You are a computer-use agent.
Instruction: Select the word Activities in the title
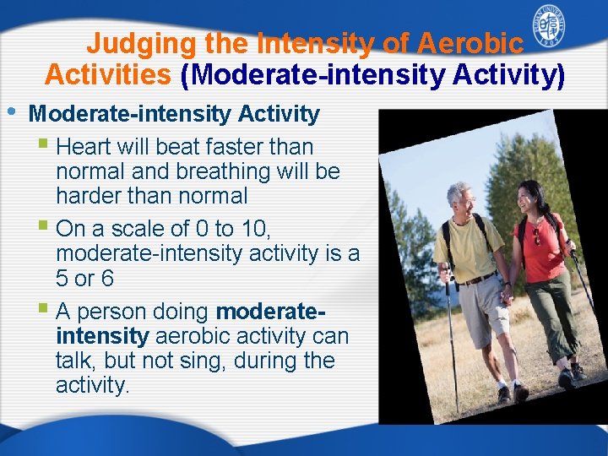(x=108, y=75)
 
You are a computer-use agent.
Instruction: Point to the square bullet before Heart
(x=44, y=145)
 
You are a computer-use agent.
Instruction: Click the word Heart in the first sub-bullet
(x=89, y=147)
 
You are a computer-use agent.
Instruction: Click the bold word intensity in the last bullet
(x=102, y=337)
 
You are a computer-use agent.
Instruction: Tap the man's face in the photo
(x=462, y=200)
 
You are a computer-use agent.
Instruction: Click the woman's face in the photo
(x=530, y=199)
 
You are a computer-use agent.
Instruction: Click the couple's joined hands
(x=508, y=295)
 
